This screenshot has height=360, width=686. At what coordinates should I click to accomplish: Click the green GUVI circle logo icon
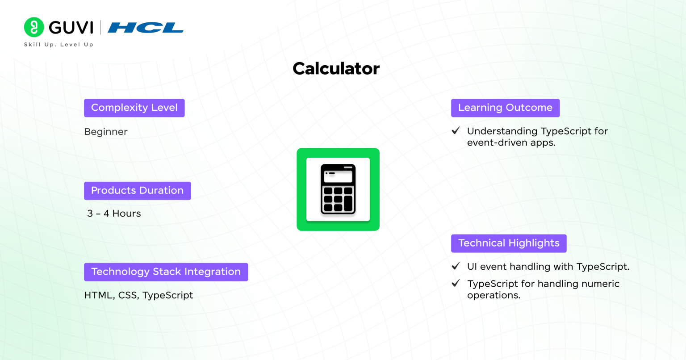coord(34,27)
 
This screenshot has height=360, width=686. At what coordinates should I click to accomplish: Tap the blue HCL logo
coord(146,28)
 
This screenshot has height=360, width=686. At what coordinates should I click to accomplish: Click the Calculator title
coord(336,68)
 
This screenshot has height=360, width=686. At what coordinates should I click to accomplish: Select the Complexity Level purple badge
coord(134,108)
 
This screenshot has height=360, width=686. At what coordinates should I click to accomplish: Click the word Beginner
coord(106,132)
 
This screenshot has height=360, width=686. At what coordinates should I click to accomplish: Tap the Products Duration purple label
coord(138,191)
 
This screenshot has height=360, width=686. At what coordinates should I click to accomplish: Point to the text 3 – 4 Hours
coord(114,213)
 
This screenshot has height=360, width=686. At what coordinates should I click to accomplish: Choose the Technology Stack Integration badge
coord(166,272)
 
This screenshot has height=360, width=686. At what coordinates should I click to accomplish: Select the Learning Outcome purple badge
coord(505,108)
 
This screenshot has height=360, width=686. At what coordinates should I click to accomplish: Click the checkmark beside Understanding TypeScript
coord(456,131)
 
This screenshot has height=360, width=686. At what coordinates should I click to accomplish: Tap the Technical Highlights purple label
coord(509,243)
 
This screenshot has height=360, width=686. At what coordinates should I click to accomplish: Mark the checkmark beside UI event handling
coord(456,266)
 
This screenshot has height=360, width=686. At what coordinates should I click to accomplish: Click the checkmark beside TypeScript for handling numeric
coord(456,283)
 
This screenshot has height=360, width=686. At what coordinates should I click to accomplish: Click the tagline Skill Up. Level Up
coord(59,45)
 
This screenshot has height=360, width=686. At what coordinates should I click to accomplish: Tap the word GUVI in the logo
coord(71,28)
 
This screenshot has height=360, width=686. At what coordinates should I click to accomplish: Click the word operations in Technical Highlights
coord(494,295)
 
